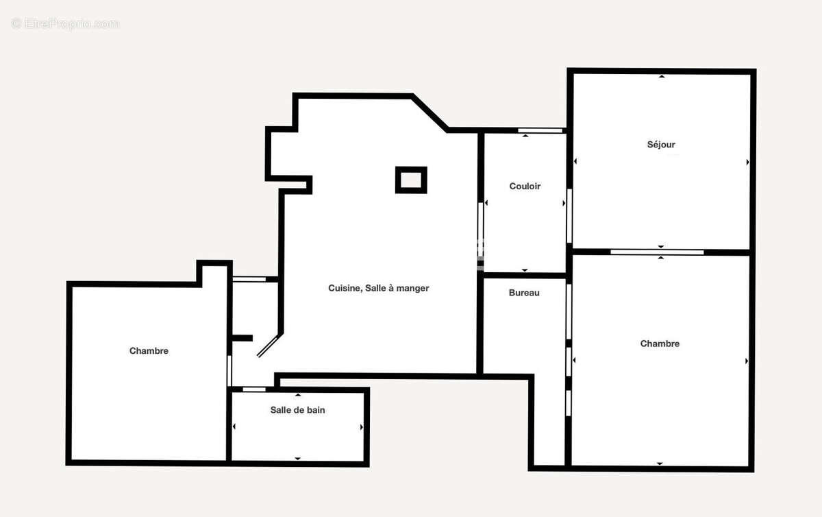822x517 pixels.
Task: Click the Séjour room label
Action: click(661, 145)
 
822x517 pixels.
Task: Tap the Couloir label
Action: click(525, 187)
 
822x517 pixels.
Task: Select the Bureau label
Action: click(524, 293)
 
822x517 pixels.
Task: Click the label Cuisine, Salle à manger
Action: click(378, 289)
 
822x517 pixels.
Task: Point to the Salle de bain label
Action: click(297, 410)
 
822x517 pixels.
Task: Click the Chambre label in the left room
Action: click(149, 351)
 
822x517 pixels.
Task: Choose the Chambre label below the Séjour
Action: click(660, 344)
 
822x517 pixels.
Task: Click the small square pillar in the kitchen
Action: click(411, 180)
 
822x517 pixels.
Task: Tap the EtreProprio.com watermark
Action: click(66, 24)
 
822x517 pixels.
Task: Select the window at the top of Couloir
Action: click(540, 130)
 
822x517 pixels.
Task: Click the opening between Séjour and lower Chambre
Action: click(657, 252)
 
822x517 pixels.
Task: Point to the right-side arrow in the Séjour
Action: click(747, 162)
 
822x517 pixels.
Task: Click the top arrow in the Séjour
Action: click(662, 77)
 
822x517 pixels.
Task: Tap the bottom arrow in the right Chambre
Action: click(660, 464)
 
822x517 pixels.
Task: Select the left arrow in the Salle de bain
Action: click(234, 427)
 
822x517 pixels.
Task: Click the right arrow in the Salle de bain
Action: click(362, 427)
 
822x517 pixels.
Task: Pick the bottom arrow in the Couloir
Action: click(525, 270)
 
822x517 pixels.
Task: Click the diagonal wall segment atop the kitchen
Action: click(430, 112)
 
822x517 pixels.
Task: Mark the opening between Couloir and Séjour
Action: click(569, 215)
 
